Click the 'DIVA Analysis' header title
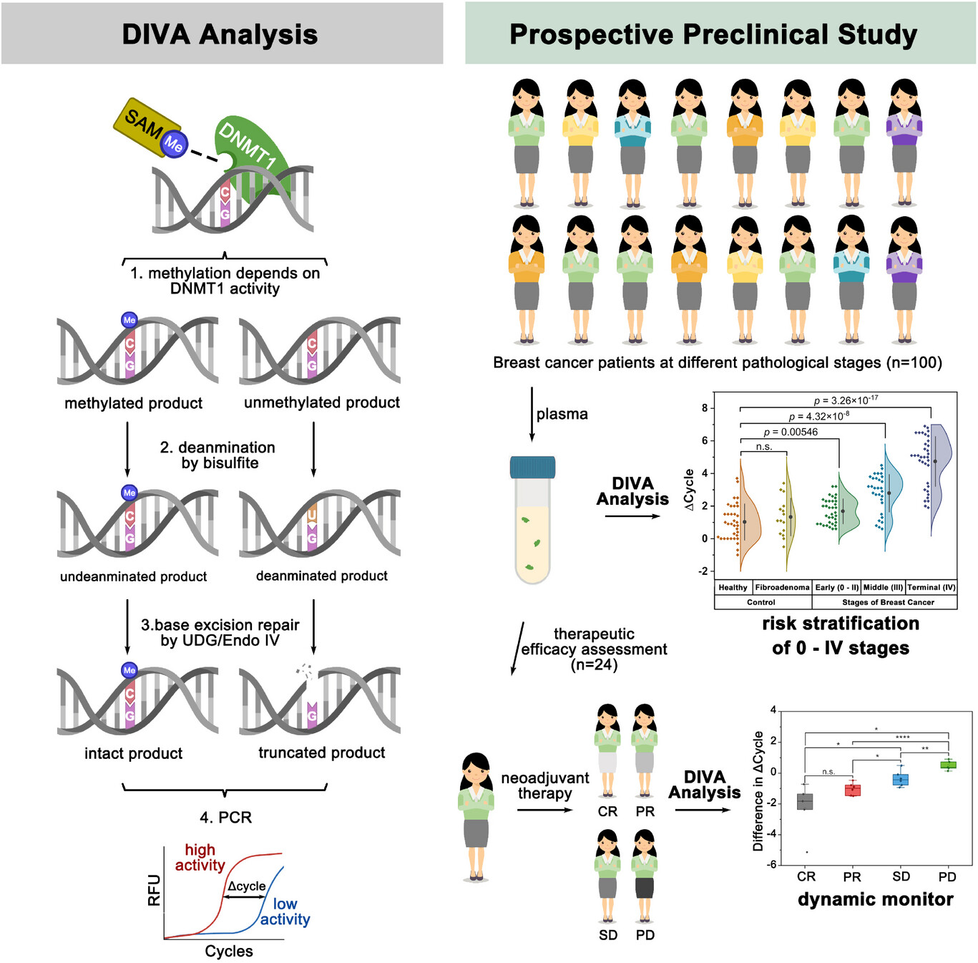coord(220,34)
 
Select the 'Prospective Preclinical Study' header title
coord(713,34)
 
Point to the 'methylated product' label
coord(133,403)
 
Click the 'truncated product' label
coord(321,753)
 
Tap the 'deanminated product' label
coord(321,576)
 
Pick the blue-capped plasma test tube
coord(532,519)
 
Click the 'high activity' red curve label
coord(200,857)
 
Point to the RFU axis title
coord(154,890)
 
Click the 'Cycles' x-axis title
coord(229,951)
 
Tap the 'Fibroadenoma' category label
coord(782,587)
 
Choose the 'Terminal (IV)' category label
coord(931,587)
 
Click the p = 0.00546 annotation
coord(790,432)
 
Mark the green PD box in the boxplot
coord(948,765)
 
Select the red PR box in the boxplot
coord(852,790)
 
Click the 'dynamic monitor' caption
coord(875,899)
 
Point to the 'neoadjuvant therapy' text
coord(544,785)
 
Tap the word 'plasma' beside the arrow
coord(562,414)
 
